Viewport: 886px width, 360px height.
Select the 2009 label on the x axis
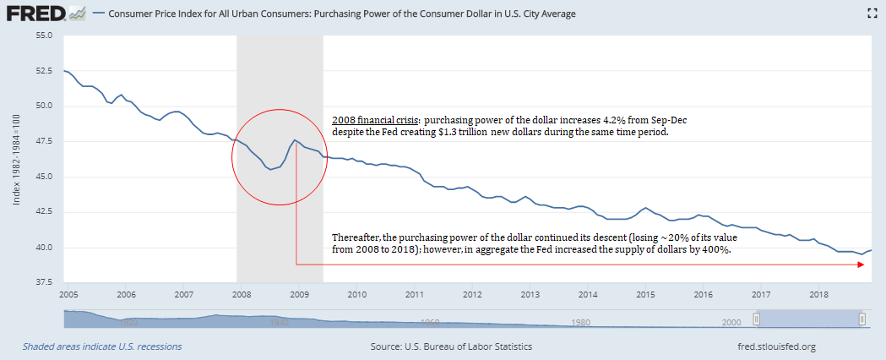click(298, 295)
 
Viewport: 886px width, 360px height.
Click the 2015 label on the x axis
click(645, 295)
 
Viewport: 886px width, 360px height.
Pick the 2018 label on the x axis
click(818, 295)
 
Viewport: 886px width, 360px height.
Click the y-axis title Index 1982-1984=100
click(14, 160)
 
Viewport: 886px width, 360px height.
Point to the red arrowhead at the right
click(862, 265)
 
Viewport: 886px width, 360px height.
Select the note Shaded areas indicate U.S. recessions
click(102, 346)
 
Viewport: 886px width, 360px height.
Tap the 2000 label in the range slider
click(731, 322)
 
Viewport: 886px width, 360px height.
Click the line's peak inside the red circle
click(294, 140)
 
